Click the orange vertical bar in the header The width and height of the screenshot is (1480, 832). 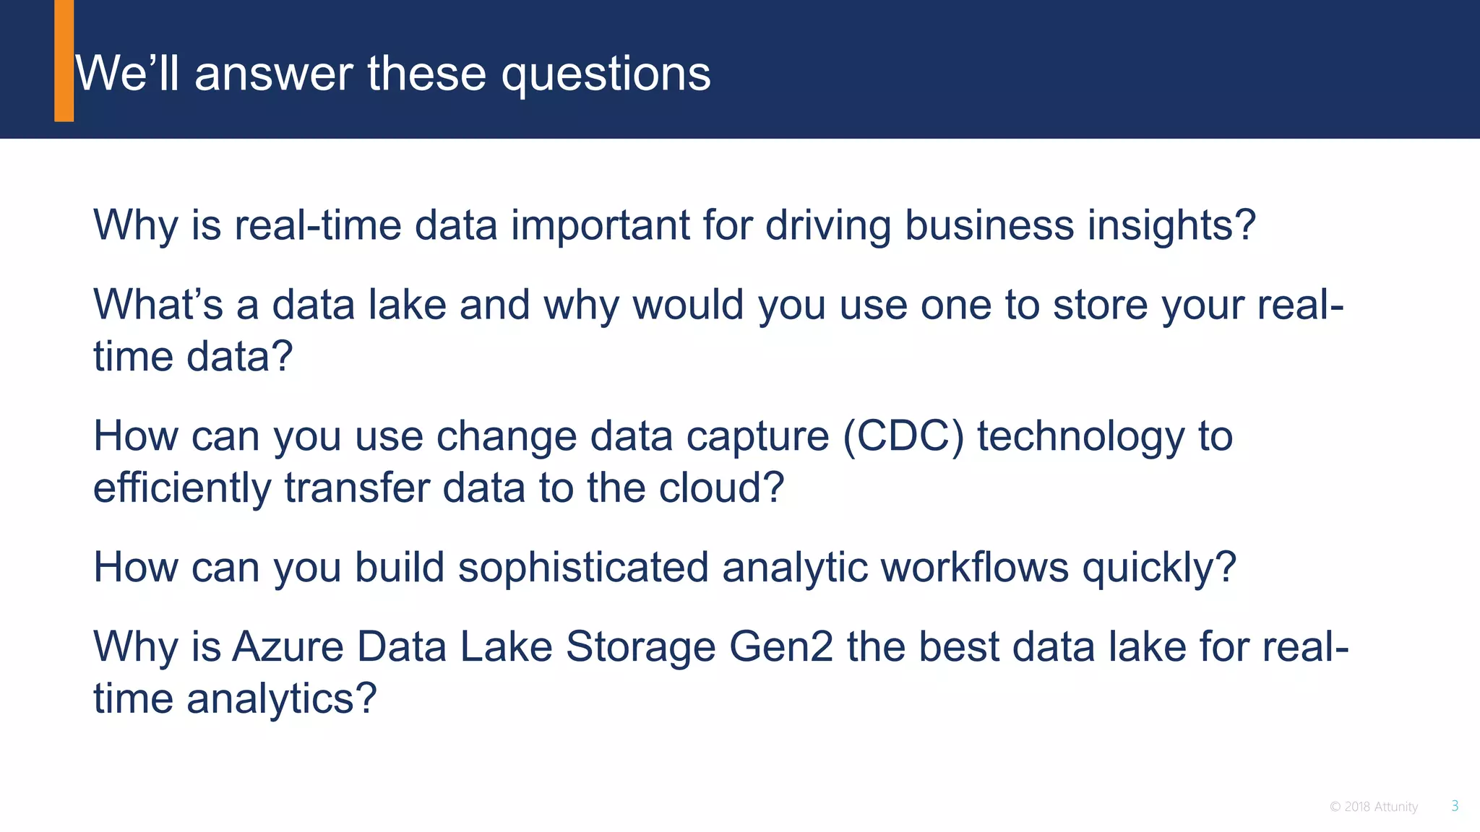click(64, 61)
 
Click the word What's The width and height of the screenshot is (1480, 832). click(158, 305)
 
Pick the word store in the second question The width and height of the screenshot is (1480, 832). click(1100, 305)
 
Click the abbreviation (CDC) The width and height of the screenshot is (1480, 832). click(903, 437)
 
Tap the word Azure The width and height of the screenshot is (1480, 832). click(287, 646)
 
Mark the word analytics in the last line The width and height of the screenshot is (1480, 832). click(281, 699)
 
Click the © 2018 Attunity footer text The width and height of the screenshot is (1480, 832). click(1373, 807)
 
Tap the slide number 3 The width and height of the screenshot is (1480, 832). click(1455, 806)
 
